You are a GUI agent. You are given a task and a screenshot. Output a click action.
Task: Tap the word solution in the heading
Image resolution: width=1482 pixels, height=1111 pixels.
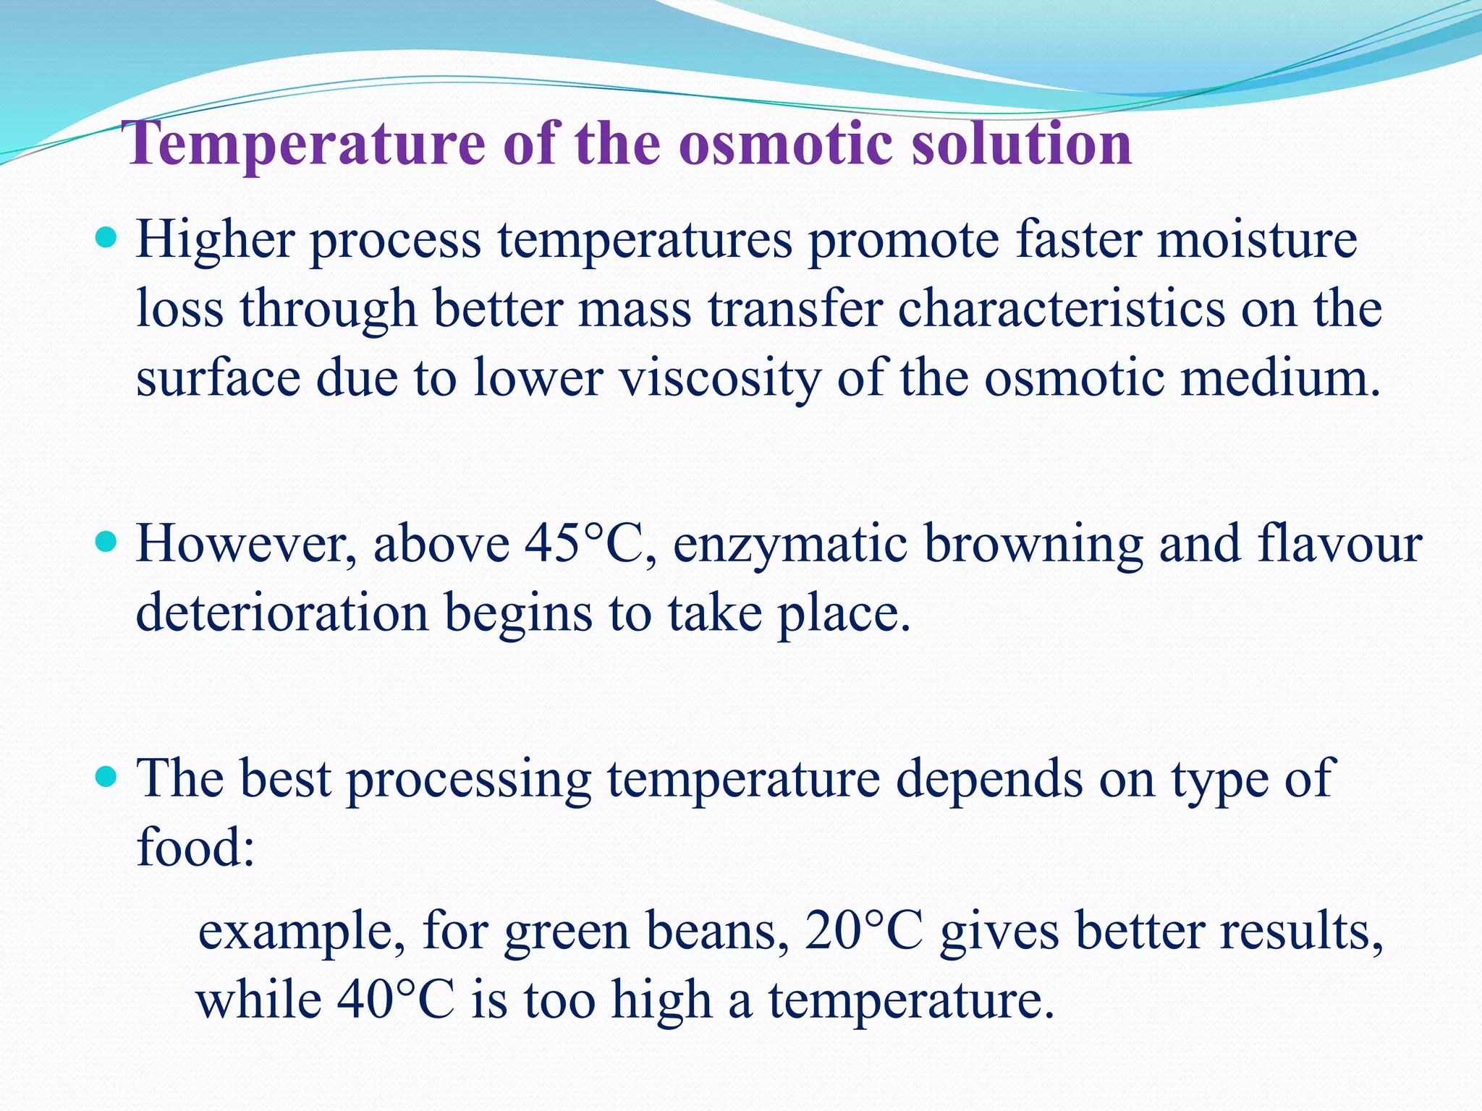(1021, 143)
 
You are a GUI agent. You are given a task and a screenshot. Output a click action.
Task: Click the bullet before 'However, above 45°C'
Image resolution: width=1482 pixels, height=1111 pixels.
(106, 540)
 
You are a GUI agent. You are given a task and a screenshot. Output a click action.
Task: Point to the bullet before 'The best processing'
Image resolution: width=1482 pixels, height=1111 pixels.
(106, 777)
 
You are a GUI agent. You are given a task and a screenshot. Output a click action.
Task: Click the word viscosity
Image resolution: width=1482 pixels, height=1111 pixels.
(720, 378)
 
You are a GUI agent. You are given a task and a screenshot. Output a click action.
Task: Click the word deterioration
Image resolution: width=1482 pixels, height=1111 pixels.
(282, 613)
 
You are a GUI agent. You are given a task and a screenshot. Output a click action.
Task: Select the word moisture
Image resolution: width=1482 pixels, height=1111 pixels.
(1257, 239)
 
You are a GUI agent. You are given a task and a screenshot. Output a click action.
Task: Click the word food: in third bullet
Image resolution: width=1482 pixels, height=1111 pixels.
(195, 847)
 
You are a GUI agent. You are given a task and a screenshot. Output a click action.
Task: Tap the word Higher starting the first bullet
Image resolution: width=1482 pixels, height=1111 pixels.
(215, 241)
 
